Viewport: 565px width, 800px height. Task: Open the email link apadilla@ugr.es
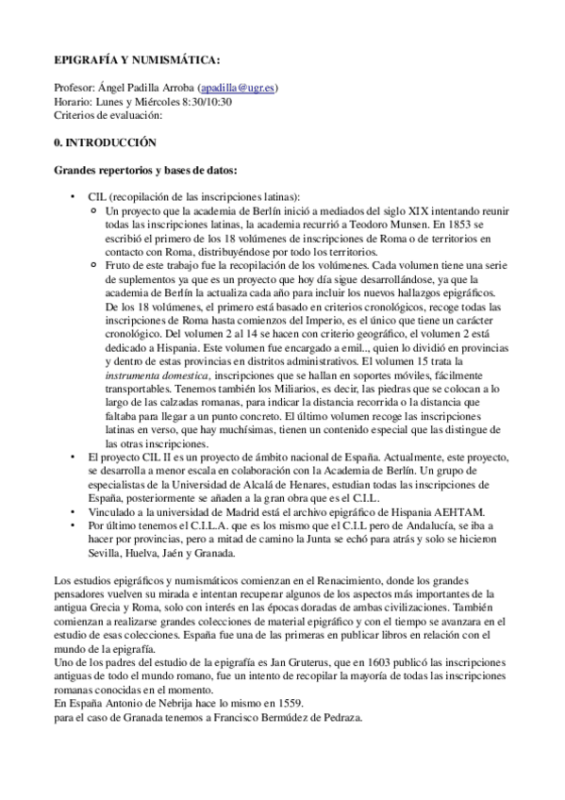pyautogui.click(x=240, y=88)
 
